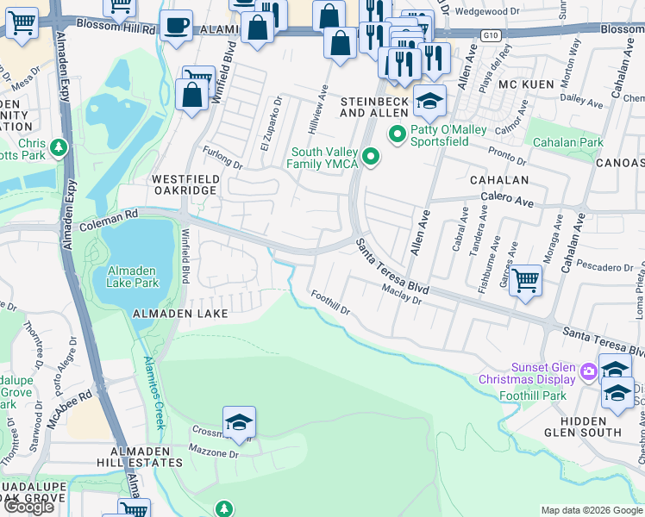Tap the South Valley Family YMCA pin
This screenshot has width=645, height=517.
(371, 156)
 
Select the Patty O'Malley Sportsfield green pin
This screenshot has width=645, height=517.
(398, 134)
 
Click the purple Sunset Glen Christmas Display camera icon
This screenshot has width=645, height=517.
(589, 372)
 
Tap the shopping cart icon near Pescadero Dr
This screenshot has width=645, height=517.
(525, 280)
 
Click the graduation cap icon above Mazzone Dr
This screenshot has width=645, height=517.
(239, 422)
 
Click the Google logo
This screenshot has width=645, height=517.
(29, 507)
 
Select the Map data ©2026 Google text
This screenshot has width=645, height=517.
(592, 509)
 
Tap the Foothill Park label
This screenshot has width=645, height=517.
(532, 396)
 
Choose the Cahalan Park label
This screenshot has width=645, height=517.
(567, 142)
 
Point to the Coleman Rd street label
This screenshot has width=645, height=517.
(108, 221)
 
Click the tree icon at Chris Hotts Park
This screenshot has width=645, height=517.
(59, 148)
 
